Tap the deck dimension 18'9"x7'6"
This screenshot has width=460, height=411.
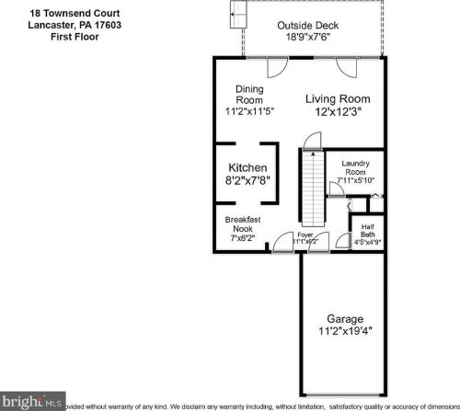(306, 38)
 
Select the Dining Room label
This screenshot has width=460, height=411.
(249, 95)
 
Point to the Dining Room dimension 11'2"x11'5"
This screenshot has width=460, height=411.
(250, 111)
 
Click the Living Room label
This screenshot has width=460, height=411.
(338, 98)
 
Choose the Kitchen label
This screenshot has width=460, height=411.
(248, 167)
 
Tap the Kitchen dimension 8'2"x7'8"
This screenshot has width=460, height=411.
(248, 181)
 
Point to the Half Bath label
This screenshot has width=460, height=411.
(367, 231)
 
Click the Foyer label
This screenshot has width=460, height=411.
(305, 235)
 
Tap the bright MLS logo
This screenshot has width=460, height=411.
(33, 402)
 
